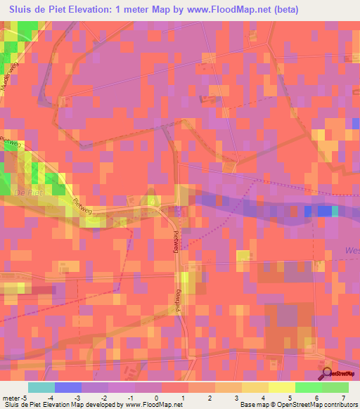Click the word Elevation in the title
pyautogui.click(x=100, y=9)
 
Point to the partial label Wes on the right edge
pyautogui.click(x=352, y=250)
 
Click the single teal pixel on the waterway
pyautogui.click(x=335, y=211)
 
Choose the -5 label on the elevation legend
pyautogui.click(x=25, y=397)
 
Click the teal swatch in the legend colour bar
pyautogui.click(x=41, y=387)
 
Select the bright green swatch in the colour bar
pyautogui.click(x=309, y=387)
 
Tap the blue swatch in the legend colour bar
pyautogui.click(x=68, y=387)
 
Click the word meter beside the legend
pyautogui.click(x=10, y=397)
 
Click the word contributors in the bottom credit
pyautogui.click(x=335, y=405)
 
